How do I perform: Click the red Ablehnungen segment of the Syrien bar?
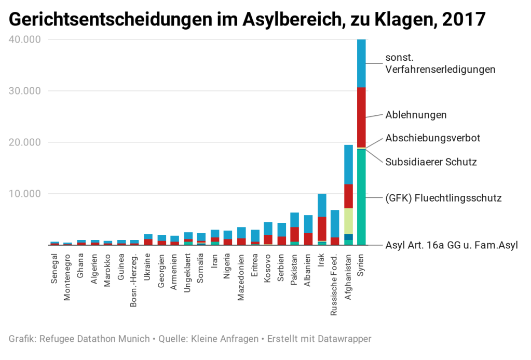click(361, 117)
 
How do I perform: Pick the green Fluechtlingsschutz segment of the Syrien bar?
click(361, 197)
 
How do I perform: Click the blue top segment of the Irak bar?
click(322, 205)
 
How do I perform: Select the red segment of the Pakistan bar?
click(294, 234)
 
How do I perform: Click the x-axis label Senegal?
click(55, 268)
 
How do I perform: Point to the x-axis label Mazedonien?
click(241, 277)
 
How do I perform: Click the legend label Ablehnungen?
click(416, 115)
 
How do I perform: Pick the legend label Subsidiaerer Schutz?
click(431, 162)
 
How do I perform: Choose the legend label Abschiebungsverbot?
click(432, 138)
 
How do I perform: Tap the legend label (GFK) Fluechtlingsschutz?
click(443, 198)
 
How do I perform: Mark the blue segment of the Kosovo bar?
click(268, 228)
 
